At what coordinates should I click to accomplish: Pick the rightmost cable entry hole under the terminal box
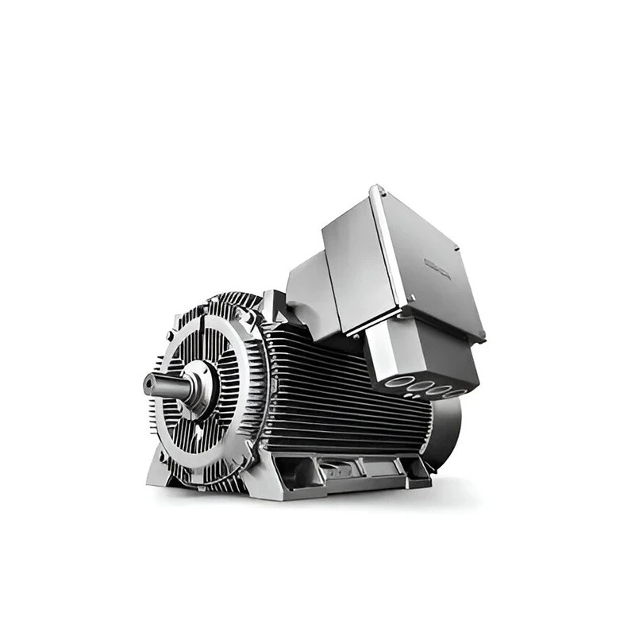pyautogui.click(x=454, y=392)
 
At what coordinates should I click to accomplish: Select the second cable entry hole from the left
pyautogui.click(x=417, y=387)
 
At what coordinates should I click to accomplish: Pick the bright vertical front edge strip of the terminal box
pyautogui.click(x=390, y=254)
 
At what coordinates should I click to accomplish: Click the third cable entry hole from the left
pyautogui.click(x=437, y=390)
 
